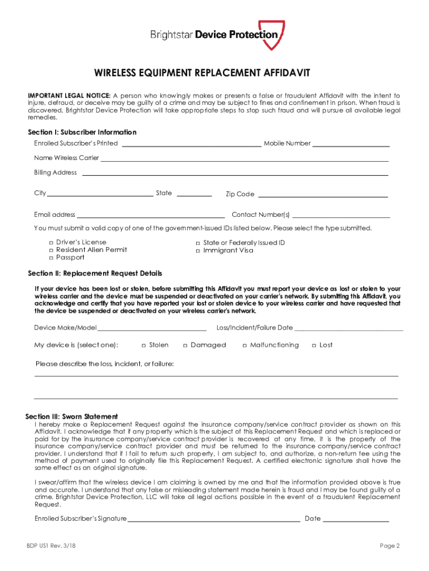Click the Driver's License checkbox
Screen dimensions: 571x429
pyautogui.click(x=51, y=243)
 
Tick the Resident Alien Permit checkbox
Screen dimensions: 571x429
pyautogui.click(x=51, y=250)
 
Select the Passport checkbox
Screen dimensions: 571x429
pyautogui.click(x=51, y=258)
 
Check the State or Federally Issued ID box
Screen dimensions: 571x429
pyautogui.click(x=198, y=243)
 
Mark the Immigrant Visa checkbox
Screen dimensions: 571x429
pyautogui.click(x=198, y=251)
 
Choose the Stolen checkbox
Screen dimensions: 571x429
pyautogui.click(x=144, y=345)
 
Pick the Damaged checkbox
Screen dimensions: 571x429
pyautogui.click(x=185, y=345)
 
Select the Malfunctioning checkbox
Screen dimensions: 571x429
pyautogui.click(x=245, y=345)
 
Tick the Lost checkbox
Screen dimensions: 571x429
pyautogui.click(x=314, y=345)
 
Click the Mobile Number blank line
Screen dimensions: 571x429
pyautogui.click(x=351, y=144)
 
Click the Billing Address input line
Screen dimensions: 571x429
pyautogui.click(x=235, y=174)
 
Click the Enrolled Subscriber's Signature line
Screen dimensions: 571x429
pyautogui.click(x=214, y=520)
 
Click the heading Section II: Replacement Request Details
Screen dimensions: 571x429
pyautogui.click(x=95, y=274)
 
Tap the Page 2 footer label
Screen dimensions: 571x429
pyautogui.click(x=390, y=546)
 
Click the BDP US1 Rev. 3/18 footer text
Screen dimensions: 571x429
pyautogui.click(x=48, y=546)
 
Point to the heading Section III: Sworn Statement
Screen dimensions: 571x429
pyautogui.click(x=72, y=417)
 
